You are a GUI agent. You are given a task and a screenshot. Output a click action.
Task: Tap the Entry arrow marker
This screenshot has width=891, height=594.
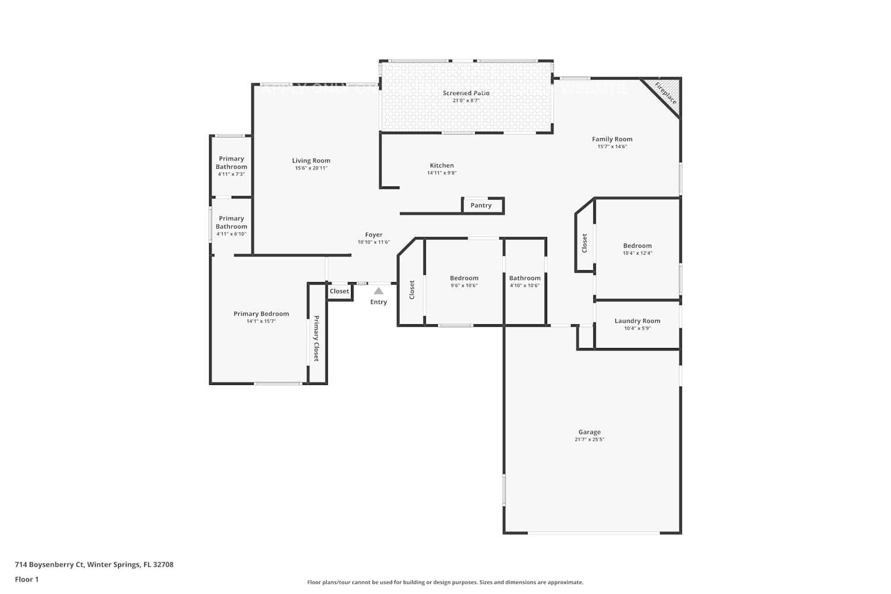(378, 291)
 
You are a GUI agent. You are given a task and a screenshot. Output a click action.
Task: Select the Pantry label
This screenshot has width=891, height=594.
(481, 206)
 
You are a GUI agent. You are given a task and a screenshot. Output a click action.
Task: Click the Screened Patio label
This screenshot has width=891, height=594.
(466, 93)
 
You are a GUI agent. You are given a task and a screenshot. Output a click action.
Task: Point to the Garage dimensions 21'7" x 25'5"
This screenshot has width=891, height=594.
(589, 440)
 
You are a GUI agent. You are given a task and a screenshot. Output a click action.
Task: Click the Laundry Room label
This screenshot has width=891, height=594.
(637, 321)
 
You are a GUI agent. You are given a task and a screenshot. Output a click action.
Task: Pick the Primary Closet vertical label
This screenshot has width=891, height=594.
(317, 339)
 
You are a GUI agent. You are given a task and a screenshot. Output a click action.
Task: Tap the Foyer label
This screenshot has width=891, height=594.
(374, 235)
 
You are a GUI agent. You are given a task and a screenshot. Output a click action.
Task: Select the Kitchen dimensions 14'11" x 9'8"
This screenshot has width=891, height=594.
(441, 173)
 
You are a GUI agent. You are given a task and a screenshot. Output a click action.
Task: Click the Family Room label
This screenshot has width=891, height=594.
(612, 139)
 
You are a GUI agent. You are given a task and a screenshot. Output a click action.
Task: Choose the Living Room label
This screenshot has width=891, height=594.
(311, 160)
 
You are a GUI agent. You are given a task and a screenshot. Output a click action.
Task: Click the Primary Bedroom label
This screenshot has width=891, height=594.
(261, 314)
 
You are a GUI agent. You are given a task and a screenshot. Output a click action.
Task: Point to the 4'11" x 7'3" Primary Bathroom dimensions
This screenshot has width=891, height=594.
(231, 174)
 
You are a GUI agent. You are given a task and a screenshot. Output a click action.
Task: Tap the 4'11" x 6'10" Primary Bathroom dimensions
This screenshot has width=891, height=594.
(231, 234)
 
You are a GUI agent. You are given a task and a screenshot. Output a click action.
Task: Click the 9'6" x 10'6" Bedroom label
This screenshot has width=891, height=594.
(464, 278)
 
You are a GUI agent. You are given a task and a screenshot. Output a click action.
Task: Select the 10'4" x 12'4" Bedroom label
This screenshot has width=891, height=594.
(637, 245)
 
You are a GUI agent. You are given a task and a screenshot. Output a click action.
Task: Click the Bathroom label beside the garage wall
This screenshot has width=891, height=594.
(525, 278)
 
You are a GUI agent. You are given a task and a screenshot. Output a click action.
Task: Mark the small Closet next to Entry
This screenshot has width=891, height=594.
(339, 291)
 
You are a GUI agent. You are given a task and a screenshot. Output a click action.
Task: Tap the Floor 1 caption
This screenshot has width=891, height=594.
(27, 579)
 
